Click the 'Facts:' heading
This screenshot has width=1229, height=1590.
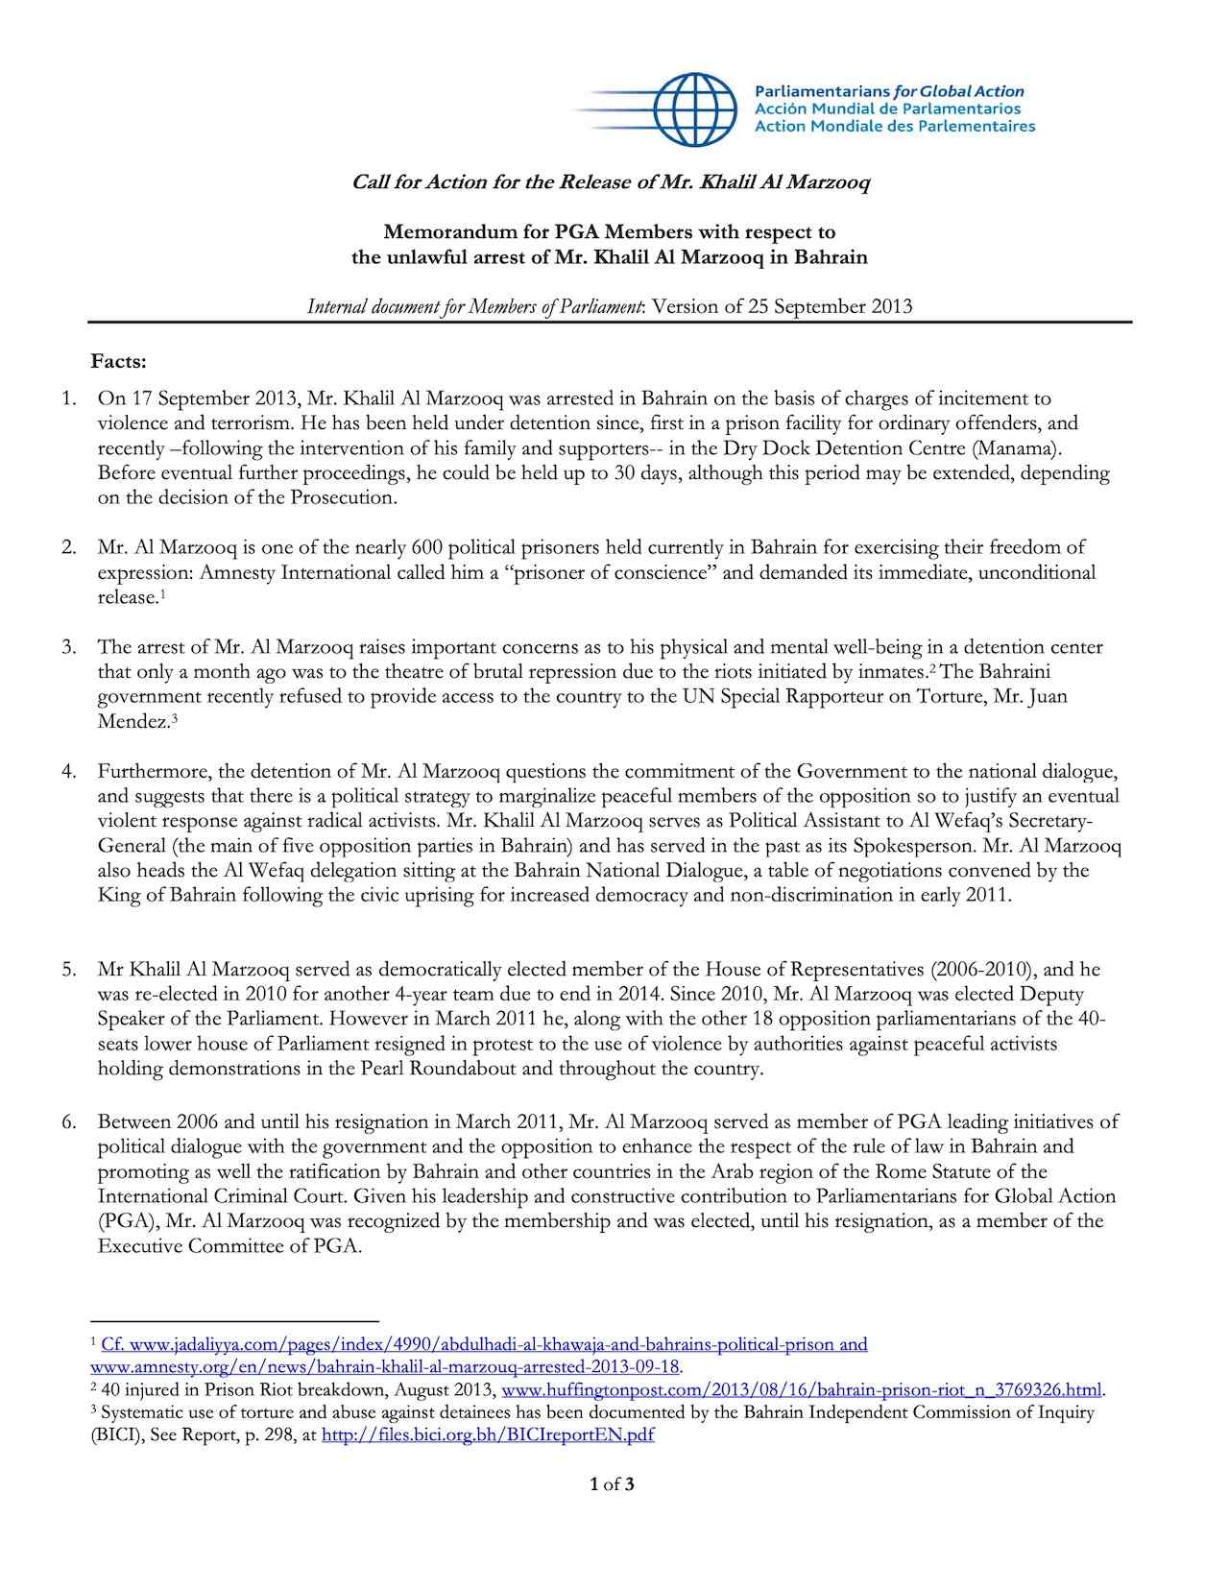click(119, 362)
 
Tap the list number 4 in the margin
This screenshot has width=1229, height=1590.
click(69, 771)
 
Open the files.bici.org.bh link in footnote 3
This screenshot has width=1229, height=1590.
click(488, 1435)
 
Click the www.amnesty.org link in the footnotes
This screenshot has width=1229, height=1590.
click(385, 1367)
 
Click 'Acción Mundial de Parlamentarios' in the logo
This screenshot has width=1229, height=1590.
click(887, 108)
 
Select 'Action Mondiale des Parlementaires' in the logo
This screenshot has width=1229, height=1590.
click(895, 126)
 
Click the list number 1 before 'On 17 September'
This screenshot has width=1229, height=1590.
click(69, 398)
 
